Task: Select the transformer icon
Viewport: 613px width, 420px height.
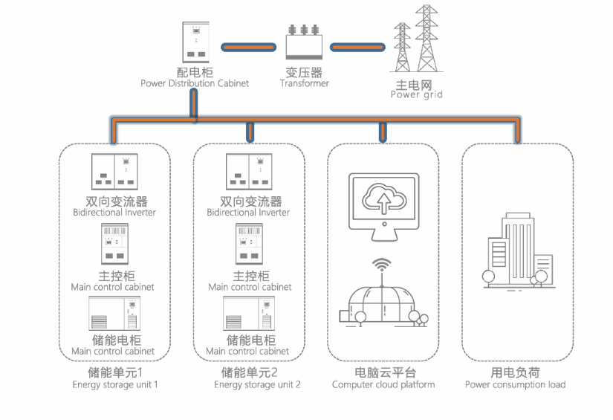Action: pos(304,42)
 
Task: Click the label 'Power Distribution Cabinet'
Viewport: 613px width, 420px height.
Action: pos(195,83)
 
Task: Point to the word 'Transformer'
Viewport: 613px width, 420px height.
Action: pos(304,83)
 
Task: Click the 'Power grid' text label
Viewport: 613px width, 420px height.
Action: pos(416,94)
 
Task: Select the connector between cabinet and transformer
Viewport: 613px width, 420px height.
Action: pos(249,48)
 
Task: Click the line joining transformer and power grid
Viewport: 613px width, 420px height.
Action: pos(358,48)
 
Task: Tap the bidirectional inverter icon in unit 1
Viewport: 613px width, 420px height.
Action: pos(115,171)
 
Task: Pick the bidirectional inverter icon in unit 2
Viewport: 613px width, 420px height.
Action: pos(249,171)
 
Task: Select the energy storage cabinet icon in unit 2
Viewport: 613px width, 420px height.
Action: pos(248,314)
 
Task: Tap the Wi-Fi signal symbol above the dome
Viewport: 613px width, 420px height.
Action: pos(382,264)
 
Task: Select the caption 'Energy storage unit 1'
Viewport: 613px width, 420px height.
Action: pos(115,384)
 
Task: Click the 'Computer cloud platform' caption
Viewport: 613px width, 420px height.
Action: pos(383,384)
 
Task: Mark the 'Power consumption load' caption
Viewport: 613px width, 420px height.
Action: pos(515,384)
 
